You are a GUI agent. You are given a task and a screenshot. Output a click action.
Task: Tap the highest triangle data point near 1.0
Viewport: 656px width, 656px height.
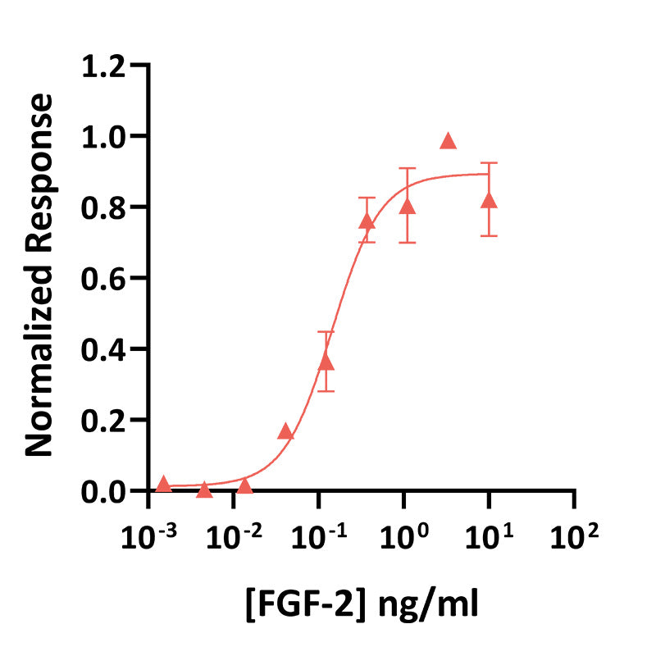pos(448,141)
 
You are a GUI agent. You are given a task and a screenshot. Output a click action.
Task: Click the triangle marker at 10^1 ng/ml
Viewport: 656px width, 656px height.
pos(490,201)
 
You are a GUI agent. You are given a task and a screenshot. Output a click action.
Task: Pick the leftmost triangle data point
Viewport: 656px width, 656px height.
pos(163,484)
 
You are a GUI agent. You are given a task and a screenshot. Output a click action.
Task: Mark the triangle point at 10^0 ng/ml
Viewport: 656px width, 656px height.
pos(407,206)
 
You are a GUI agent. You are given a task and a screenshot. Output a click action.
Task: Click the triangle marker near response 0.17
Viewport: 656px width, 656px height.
pos(285,431)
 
